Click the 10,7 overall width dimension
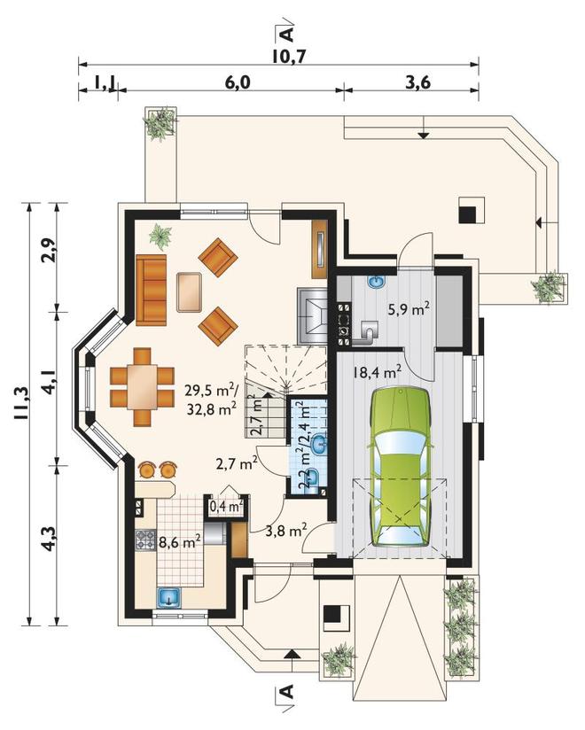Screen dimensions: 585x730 tap(289, 57)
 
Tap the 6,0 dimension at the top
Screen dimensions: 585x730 tap(238, 82)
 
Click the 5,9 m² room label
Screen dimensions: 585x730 tap(409, 308)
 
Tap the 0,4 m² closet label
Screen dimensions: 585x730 tap(227, 507)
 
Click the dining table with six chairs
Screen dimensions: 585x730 tap(142, 387)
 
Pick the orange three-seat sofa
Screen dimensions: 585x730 tap(152, 290)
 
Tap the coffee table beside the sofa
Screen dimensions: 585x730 tap(189, 292)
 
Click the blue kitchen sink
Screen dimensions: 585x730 tap(169, 597)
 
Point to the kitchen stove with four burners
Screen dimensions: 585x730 tap(144, 540)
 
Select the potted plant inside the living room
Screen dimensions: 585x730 tap(160, 235)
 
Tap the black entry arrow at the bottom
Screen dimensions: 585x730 tap(292, 654)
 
